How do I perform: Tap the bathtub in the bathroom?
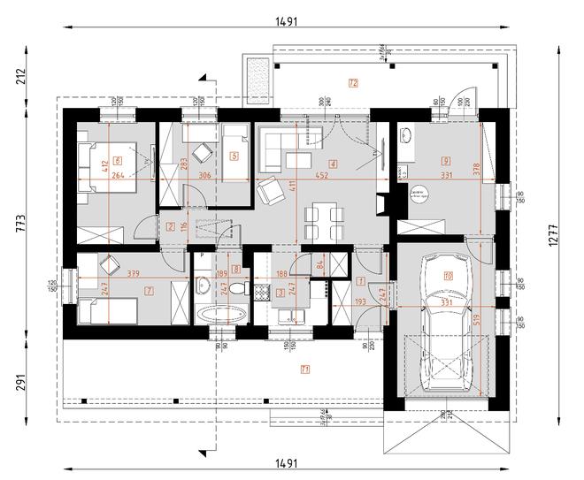(219, 314)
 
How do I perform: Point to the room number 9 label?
(447, 161)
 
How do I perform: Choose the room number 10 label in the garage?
(448, 277)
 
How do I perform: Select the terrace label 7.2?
(352, 84)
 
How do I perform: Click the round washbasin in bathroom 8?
(203, 285)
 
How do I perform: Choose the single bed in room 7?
(107, 310)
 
